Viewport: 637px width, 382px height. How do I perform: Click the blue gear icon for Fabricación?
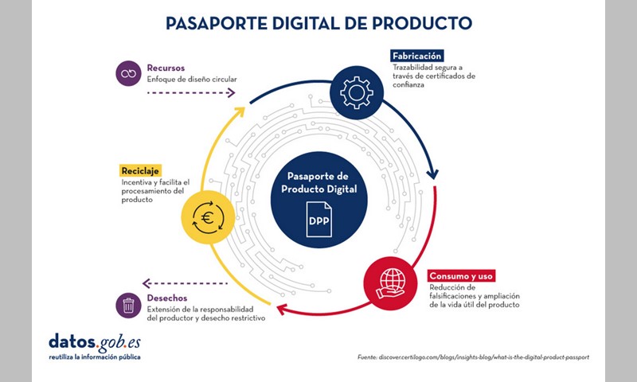coord(356,92)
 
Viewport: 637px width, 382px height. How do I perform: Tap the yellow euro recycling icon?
coord(208,217)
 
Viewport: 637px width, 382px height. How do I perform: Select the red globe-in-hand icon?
coord(390,283)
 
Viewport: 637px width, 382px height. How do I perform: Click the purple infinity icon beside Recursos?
coord(128,73)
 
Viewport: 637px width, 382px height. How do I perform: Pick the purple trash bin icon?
coord(128,306)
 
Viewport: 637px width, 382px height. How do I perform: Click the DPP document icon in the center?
coord(319,220)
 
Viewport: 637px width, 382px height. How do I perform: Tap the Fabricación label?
coord(416,56)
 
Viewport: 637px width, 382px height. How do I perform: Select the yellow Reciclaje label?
coord(140,171)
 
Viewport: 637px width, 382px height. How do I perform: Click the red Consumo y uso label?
coord(461,276)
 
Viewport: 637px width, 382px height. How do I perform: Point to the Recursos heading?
coord(166,68)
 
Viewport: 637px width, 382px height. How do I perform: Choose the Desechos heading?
coord(167,298)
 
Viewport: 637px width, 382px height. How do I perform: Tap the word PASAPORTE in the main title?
coord(217,23)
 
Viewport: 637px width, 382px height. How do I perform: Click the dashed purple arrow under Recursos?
coord(191,93)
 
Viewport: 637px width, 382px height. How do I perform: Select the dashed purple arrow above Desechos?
coord(185,283)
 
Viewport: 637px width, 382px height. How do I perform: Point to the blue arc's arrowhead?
coord(432,174)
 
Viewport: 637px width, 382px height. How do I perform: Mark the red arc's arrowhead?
coord(282,310)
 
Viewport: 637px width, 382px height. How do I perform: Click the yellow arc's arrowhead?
coord(240,111)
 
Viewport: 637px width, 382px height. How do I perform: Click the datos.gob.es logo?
coord(95,347)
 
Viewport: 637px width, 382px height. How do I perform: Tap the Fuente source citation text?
coord(473,357)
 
